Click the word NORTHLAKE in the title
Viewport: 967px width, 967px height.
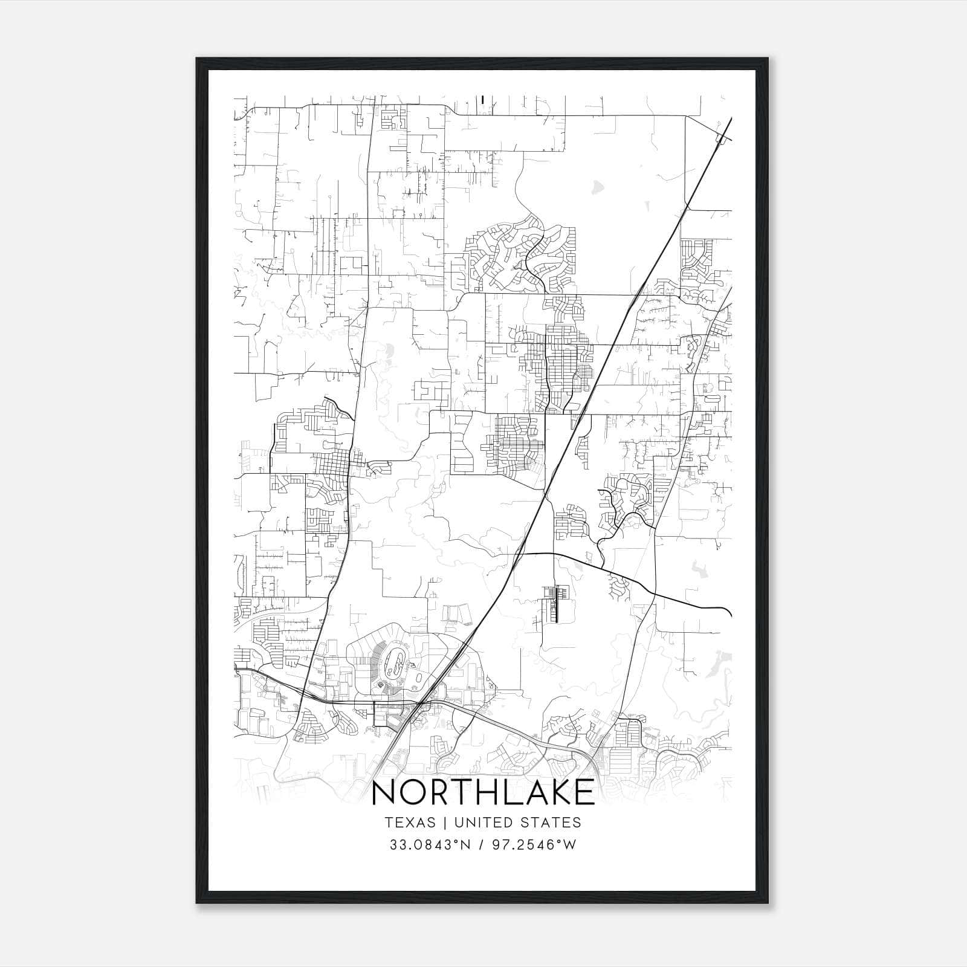(x=483, y=793)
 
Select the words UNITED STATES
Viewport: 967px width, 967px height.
(x=517, y=823)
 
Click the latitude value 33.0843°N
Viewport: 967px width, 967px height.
(x=429, y=845)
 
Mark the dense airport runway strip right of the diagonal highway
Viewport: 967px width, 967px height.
(x=555, y=603)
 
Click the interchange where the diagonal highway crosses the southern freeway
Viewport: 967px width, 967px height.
(x=421, y=705)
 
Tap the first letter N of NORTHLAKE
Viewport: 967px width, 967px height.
(x=384, y=793)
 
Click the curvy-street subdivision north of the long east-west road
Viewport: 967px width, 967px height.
(x=520, y=254)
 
